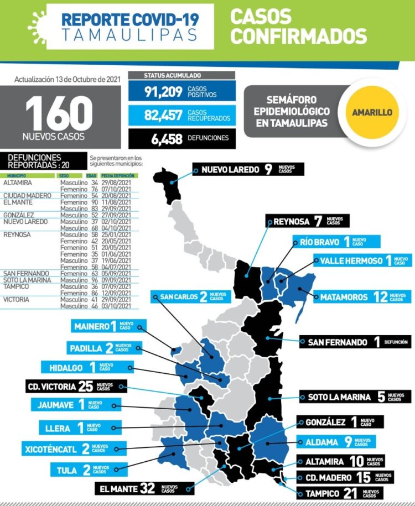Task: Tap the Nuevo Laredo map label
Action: (248, 169)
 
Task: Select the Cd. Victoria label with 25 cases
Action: (76, 386)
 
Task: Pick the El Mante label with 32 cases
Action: (144, 488)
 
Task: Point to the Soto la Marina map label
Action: (355, 397)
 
